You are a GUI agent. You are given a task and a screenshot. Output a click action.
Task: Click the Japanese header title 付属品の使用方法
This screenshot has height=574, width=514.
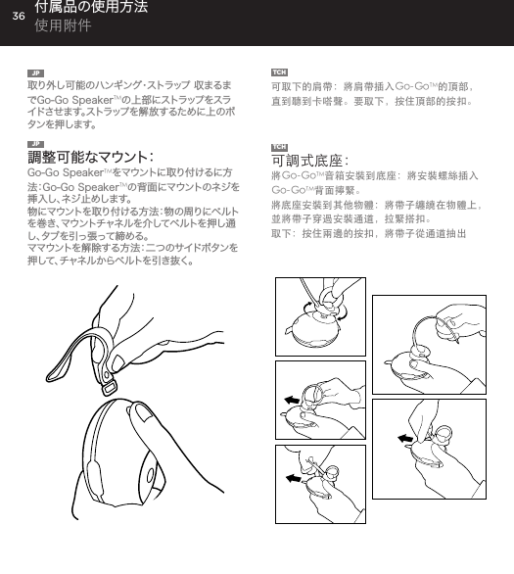click(x=91, y=9)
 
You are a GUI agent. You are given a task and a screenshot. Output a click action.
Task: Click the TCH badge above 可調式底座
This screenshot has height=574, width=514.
click(x=280, y=146)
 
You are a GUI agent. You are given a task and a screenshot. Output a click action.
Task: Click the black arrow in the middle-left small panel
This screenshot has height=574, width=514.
click(x=293, y=399)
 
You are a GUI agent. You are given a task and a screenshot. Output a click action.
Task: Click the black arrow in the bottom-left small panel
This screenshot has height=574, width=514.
click(x=294, y=478)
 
